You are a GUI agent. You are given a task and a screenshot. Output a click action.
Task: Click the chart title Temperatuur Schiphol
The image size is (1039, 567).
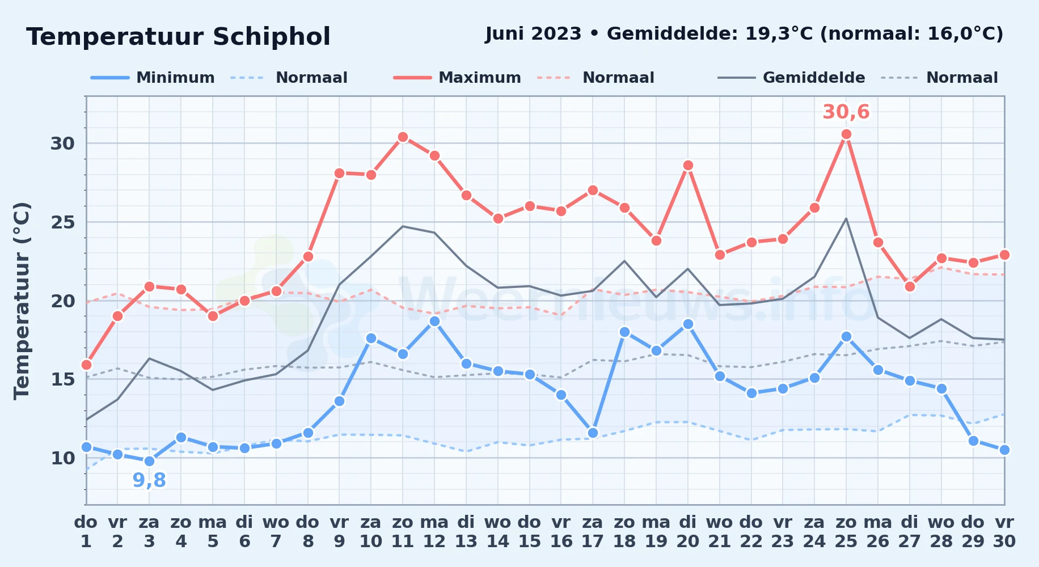pyautogui.click(x=178, y=37)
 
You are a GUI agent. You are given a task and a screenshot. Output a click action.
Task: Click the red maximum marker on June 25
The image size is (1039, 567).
pyautogui.click(x=846, y=134)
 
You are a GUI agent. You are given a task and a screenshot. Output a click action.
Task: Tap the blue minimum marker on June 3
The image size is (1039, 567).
pyautogui.click(x=149, y=461)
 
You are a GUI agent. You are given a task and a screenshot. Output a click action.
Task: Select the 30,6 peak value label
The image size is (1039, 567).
pyautogui.click(x=846, y=112)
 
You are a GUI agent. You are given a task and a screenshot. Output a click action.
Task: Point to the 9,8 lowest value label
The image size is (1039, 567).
pyautogui.click(x=149, y=480)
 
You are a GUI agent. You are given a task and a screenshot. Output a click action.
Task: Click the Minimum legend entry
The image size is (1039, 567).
pyautogui.click(x=153, y=78)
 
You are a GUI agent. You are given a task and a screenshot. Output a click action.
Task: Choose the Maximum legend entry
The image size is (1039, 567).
pyautogui.click(x=457, y=78)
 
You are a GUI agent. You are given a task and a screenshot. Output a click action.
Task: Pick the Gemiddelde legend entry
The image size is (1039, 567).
pyautogui.click(x=791, y=78)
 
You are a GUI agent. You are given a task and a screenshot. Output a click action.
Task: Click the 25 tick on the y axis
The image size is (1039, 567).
pyautogui.click(x=63, y=222)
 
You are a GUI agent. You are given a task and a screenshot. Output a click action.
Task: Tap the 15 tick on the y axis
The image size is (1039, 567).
pyautogui.click(x=63, y=379)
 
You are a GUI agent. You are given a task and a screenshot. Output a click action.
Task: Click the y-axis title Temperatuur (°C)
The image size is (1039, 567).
pyautogui.click(x=22, y=301)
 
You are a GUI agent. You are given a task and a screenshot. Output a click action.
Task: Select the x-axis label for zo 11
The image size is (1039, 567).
pyautogui.click(x=403, y=532)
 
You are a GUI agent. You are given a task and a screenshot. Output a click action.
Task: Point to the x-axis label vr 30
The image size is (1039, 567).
pyautogui.click(x=1004, y=532)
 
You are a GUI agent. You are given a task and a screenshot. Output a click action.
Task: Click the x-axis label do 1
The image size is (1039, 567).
pyautogui.click(x=86, y=532)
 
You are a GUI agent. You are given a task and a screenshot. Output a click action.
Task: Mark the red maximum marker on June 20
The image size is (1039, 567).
pyautogui.click(x=688, y=165)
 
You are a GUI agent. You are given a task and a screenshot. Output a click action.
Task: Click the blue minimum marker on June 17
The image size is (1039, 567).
pyautogui.click(x=593, y=433)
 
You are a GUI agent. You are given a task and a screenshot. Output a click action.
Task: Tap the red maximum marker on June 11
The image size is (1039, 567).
pyautogui.click(x=403, y=137)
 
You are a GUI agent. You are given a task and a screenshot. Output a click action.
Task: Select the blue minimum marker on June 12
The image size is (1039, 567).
pyautogui.click(x=434, y=321)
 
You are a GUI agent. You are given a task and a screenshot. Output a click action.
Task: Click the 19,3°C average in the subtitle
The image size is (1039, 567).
pyautogui.click(x=778, y=34)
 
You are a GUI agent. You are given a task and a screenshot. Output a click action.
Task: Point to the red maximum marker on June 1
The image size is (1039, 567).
pyautogui.click(x=86, y=365)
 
